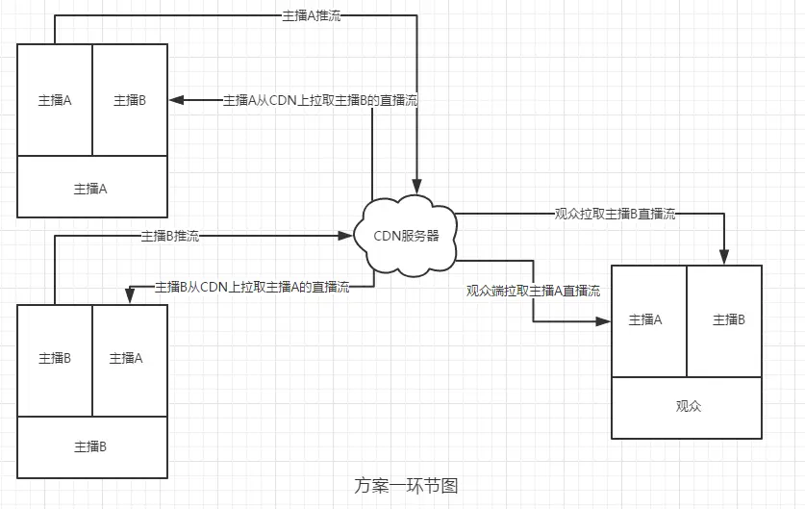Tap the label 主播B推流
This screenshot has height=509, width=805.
[x=170, y=235]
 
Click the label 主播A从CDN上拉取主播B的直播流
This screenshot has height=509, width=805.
[x=319, y=99]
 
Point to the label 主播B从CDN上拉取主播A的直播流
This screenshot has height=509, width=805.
[x=251, y=286]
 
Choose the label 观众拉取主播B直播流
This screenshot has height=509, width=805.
[x=615, y=214]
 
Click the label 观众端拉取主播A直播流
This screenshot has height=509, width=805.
[x=533, y=290]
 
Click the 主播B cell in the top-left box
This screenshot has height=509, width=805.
[x=130, y=99]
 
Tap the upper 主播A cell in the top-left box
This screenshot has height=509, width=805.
[x=55, y=99]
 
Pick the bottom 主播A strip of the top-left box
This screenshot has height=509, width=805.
[x=91, y=188]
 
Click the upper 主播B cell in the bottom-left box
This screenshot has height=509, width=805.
[x=55, y=358]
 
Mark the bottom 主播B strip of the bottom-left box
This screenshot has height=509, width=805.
[x=91, y=446]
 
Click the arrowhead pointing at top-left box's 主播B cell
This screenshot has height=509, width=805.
[x=175, y=99]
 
